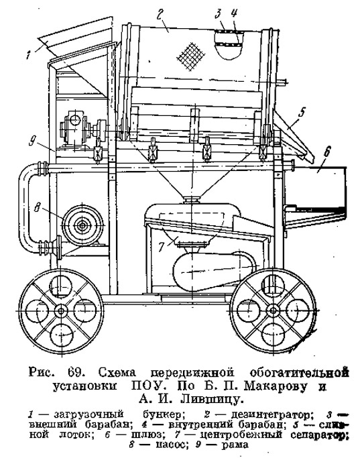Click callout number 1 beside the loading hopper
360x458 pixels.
pos(29,54)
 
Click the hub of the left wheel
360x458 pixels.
pos(61,310)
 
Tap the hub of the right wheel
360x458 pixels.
pos(274,310)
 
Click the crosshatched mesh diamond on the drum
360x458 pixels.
pos(191,57)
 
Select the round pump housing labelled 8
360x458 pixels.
pos(82,225)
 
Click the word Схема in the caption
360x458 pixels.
pos(117,373)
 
